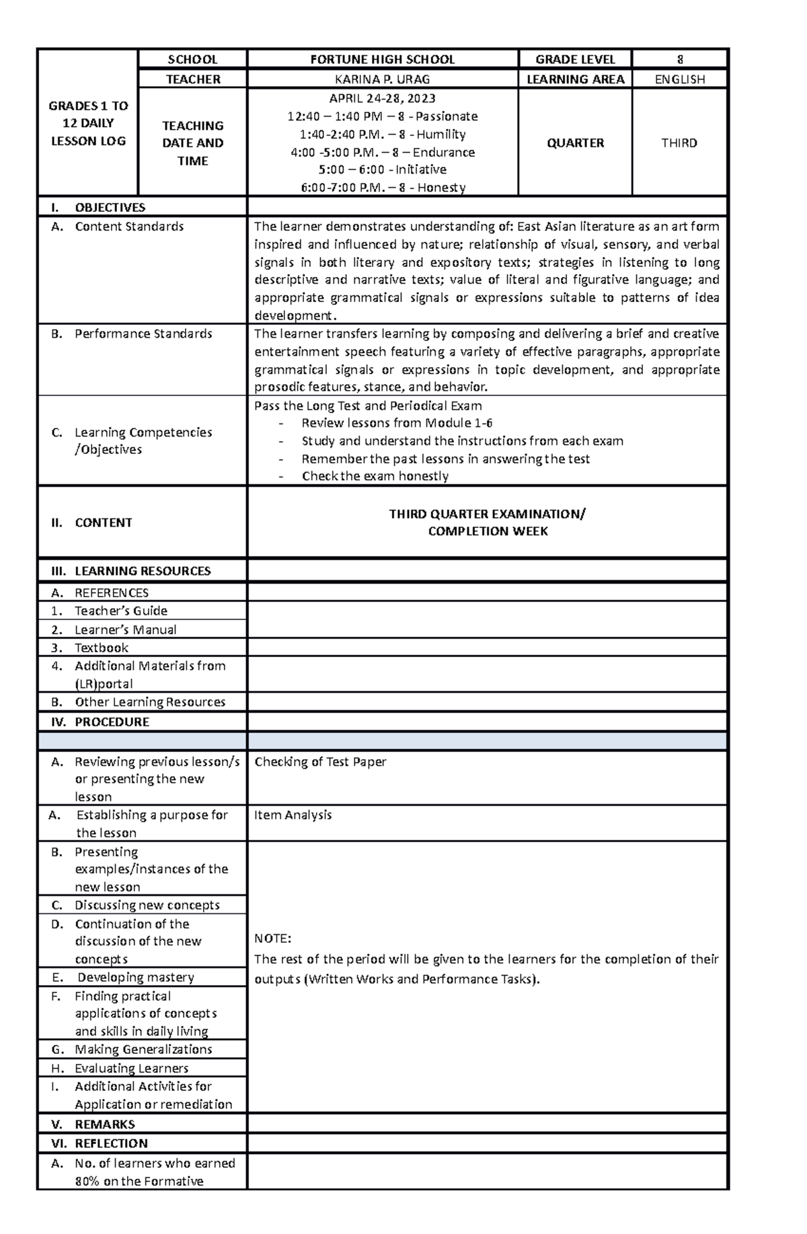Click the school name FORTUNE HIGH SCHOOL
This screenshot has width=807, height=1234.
click(382, 59)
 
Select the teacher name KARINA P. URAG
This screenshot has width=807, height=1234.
click(382, 79)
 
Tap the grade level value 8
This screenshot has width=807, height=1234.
click(680, 59)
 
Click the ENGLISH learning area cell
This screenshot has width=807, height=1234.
click(680, 79)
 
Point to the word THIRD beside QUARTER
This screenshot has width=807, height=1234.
click(679, 143)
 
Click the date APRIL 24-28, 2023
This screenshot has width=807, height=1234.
click(382, 98)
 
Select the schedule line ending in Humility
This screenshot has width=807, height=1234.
click(382, 134)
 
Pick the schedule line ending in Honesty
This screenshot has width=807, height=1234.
click(382, 188)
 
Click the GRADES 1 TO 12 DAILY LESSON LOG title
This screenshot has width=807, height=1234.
click(88, 123)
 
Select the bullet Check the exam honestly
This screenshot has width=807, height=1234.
click(375, 476)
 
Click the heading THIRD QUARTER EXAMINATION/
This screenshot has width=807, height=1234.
click(487, 514)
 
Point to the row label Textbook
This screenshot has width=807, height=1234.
click(101, 648)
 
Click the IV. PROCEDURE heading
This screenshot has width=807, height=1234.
click(112, 722)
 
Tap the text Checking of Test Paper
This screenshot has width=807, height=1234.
click(320, 761)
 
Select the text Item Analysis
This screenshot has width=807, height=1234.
click(293, 814)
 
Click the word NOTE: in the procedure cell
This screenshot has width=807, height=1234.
click(272, 938)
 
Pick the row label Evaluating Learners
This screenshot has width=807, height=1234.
click(131, 1068)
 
